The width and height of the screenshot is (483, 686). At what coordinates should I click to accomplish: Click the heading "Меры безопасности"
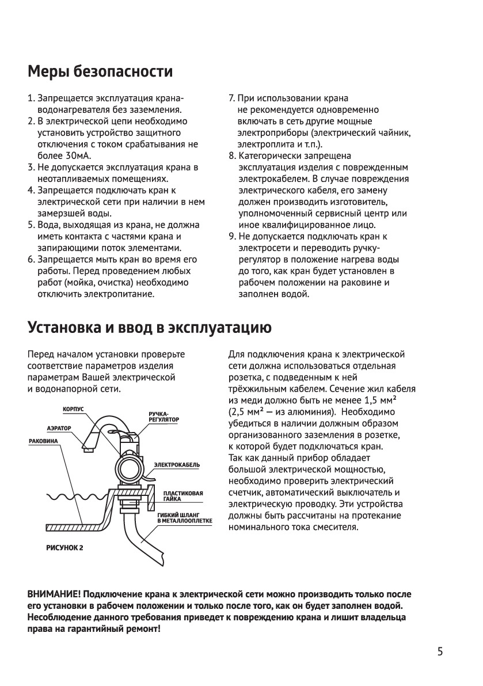click(x=100, y=73)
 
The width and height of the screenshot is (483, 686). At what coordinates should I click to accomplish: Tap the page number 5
click(x=440, y=652)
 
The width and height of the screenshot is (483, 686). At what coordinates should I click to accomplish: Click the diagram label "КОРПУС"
click(x=73, y=409)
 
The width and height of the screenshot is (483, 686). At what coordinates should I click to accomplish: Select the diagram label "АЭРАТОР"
click(x=59, y=429)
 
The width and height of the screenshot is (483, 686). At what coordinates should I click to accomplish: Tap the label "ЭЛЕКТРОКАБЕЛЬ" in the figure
click(x=177, y=464)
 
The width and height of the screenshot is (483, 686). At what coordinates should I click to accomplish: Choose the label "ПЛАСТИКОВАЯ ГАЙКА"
click(x=183, y=496)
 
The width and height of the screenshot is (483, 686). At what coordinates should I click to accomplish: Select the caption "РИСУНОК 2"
click(x=64, y=547)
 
